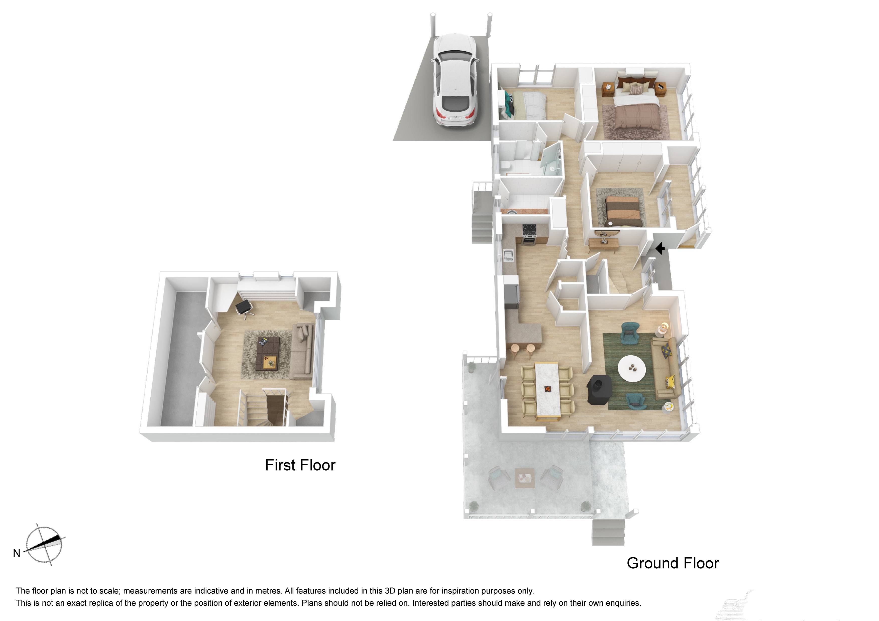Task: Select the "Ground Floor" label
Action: pos(673,563)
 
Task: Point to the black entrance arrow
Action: pos(660,249)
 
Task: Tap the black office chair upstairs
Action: pos(244,307)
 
